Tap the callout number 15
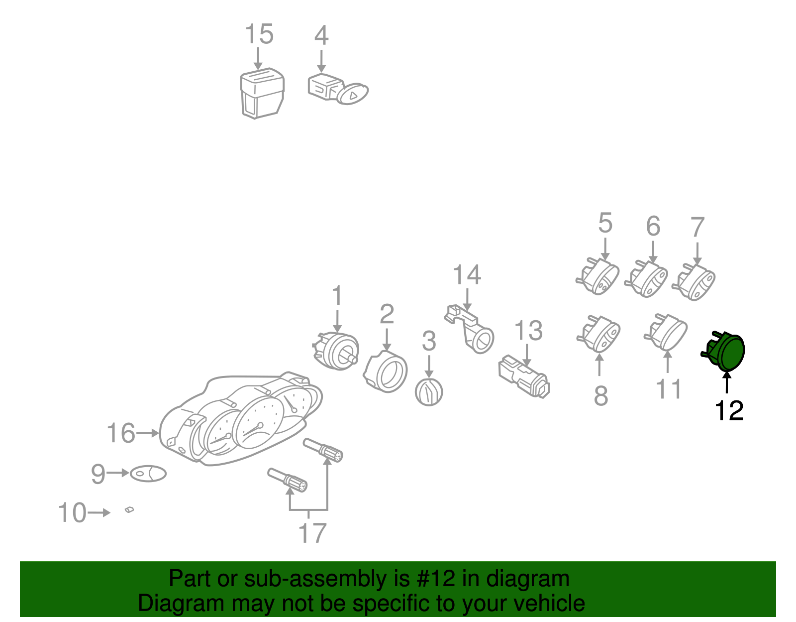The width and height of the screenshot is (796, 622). click(259, 34)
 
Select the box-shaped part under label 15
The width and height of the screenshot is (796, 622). click(262, 94)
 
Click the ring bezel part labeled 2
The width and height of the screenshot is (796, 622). click(386, 372)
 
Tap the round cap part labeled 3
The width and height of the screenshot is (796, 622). click(428, 392)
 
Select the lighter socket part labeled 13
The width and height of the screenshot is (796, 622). click(524, 376)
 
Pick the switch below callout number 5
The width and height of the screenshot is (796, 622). click(598, 276)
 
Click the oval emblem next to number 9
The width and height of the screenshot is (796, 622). click(148, 474)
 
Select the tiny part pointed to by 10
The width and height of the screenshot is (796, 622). click(129, 510)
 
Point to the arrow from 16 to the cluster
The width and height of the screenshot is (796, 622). click(148, 433)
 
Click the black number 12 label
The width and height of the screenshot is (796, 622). click(729, 410)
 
